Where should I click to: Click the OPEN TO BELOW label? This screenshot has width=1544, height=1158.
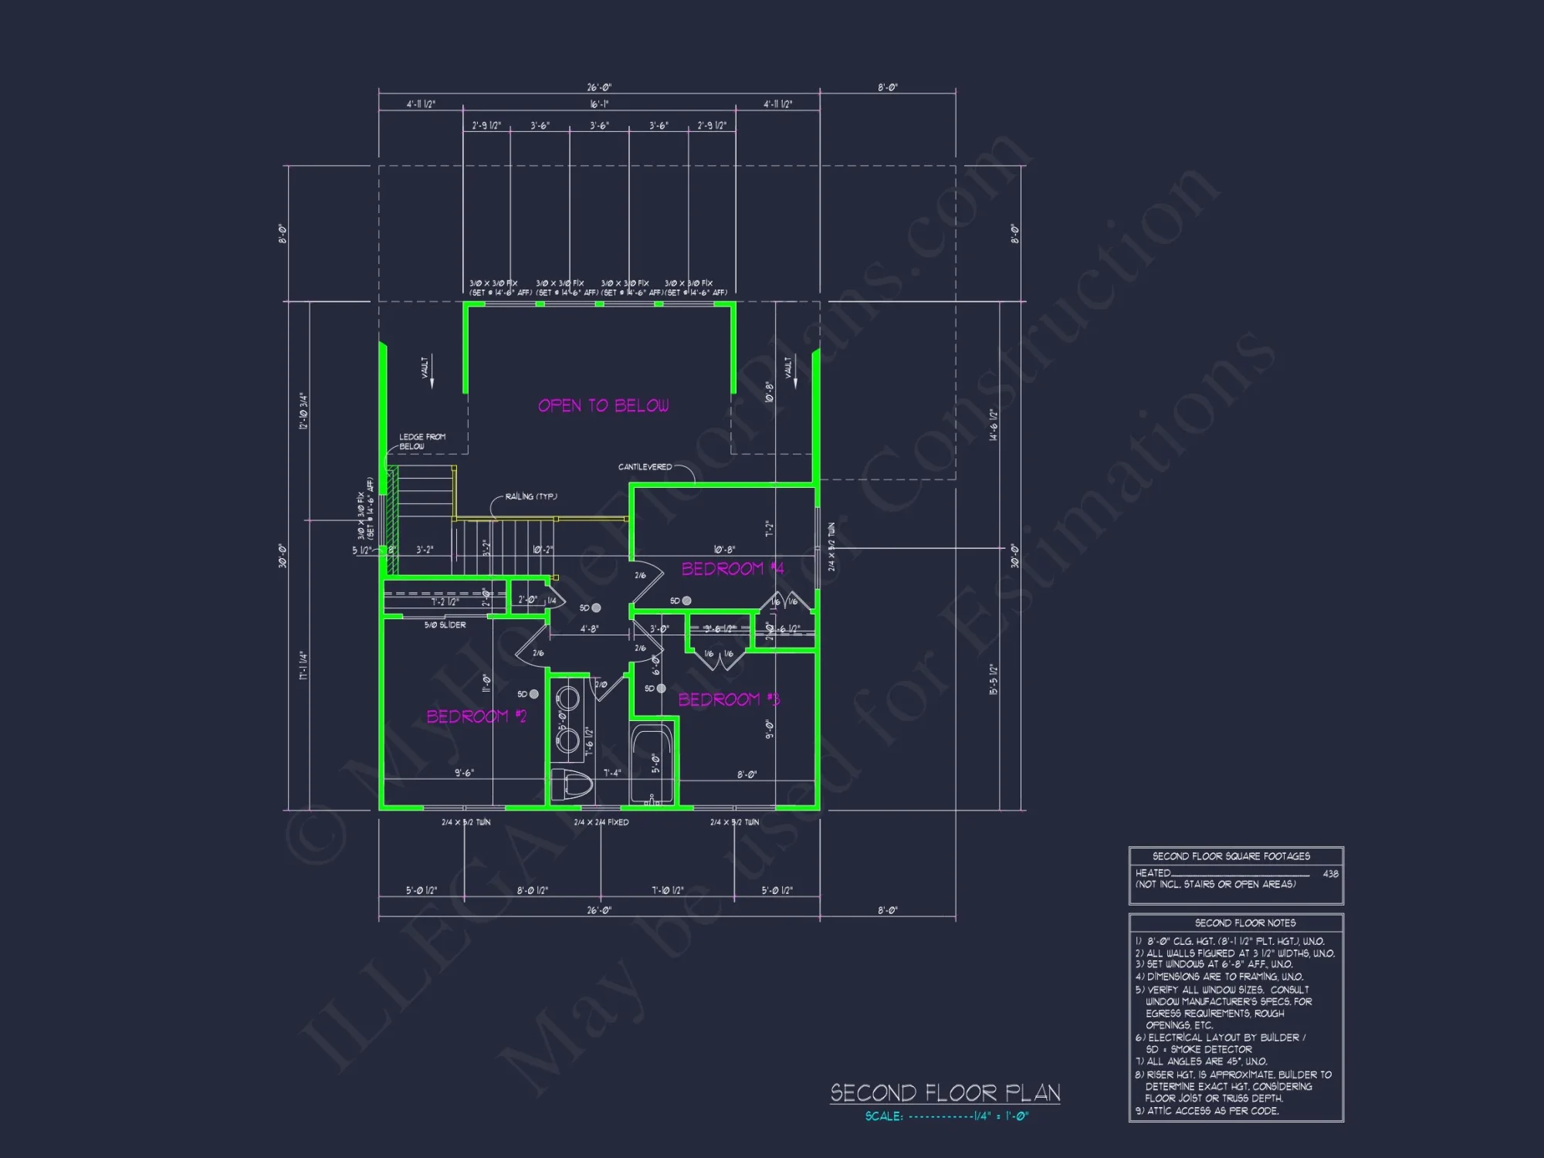tap(603, 406)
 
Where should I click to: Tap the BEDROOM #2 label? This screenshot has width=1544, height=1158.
tap(476, 716)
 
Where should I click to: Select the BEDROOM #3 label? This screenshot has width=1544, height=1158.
tap(729, 699)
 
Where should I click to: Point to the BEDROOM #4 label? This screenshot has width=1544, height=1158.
tap(732, 569)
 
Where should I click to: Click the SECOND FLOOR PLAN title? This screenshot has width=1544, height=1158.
tap(945, 1093)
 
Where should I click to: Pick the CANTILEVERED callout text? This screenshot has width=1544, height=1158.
tap(645, 467)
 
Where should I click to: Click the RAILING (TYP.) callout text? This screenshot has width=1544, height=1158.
tap(531, 496)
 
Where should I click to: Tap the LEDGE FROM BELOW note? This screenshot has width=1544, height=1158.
tap(422, 442)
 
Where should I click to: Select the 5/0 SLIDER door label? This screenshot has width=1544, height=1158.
tap(445, 625)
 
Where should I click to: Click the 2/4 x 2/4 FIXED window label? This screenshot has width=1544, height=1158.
tap(601, 823)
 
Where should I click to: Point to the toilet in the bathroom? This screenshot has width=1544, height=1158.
tap(572, 784)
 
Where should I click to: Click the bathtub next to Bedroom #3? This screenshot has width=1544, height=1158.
tap(652, 764)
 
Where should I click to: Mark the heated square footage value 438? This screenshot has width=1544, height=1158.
tap(1330, 874)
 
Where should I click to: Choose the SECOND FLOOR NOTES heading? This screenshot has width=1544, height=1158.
tap(1244, 923)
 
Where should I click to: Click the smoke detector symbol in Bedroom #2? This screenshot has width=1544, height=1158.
tap(533, 694)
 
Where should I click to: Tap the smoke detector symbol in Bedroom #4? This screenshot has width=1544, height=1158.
tap(686, 601)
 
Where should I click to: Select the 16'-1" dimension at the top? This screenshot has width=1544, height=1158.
tap(599, 104)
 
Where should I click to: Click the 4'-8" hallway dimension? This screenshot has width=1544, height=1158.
tap(589, 629)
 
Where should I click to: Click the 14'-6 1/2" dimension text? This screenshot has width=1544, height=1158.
tap(994, 425)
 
